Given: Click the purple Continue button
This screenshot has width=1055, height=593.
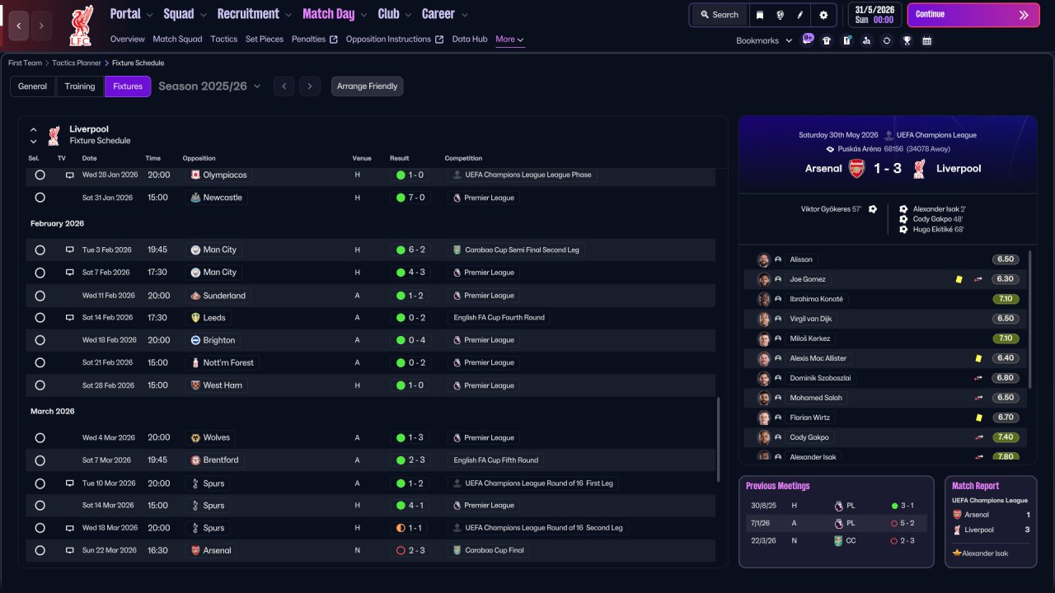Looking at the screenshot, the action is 973,15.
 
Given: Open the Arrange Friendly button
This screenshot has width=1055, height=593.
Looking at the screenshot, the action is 367,86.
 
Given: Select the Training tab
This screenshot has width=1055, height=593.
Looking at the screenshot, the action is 80,86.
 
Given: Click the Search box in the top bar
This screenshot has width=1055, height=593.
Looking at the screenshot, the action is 720,15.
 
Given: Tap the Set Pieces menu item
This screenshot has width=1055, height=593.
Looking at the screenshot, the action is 265,39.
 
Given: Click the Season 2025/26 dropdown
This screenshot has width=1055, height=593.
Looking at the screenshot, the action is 209,86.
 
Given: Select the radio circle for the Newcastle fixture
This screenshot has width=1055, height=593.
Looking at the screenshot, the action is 40,198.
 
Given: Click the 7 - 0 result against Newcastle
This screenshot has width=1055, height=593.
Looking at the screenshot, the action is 410,198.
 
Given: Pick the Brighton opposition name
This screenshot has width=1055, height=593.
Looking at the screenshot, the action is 218,340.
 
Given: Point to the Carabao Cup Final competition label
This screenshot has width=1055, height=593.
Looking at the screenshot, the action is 494,550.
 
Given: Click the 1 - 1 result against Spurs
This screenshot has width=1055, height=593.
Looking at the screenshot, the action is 410,528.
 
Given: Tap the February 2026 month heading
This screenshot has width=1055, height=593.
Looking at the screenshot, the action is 57,223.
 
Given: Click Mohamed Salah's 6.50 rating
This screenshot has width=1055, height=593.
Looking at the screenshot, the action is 1005,398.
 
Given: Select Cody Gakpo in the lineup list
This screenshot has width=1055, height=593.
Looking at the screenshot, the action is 809,437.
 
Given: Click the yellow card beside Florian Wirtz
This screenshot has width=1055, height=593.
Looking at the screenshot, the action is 978,418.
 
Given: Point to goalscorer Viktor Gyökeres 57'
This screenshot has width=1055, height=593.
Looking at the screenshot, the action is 832,209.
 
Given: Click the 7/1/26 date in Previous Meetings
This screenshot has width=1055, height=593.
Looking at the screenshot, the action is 760,523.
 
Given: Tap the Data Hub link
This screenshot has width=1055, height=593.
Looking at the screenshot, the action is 470,39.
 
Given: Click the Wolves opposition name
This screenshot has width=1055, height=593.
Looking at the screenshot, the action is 216,437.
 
